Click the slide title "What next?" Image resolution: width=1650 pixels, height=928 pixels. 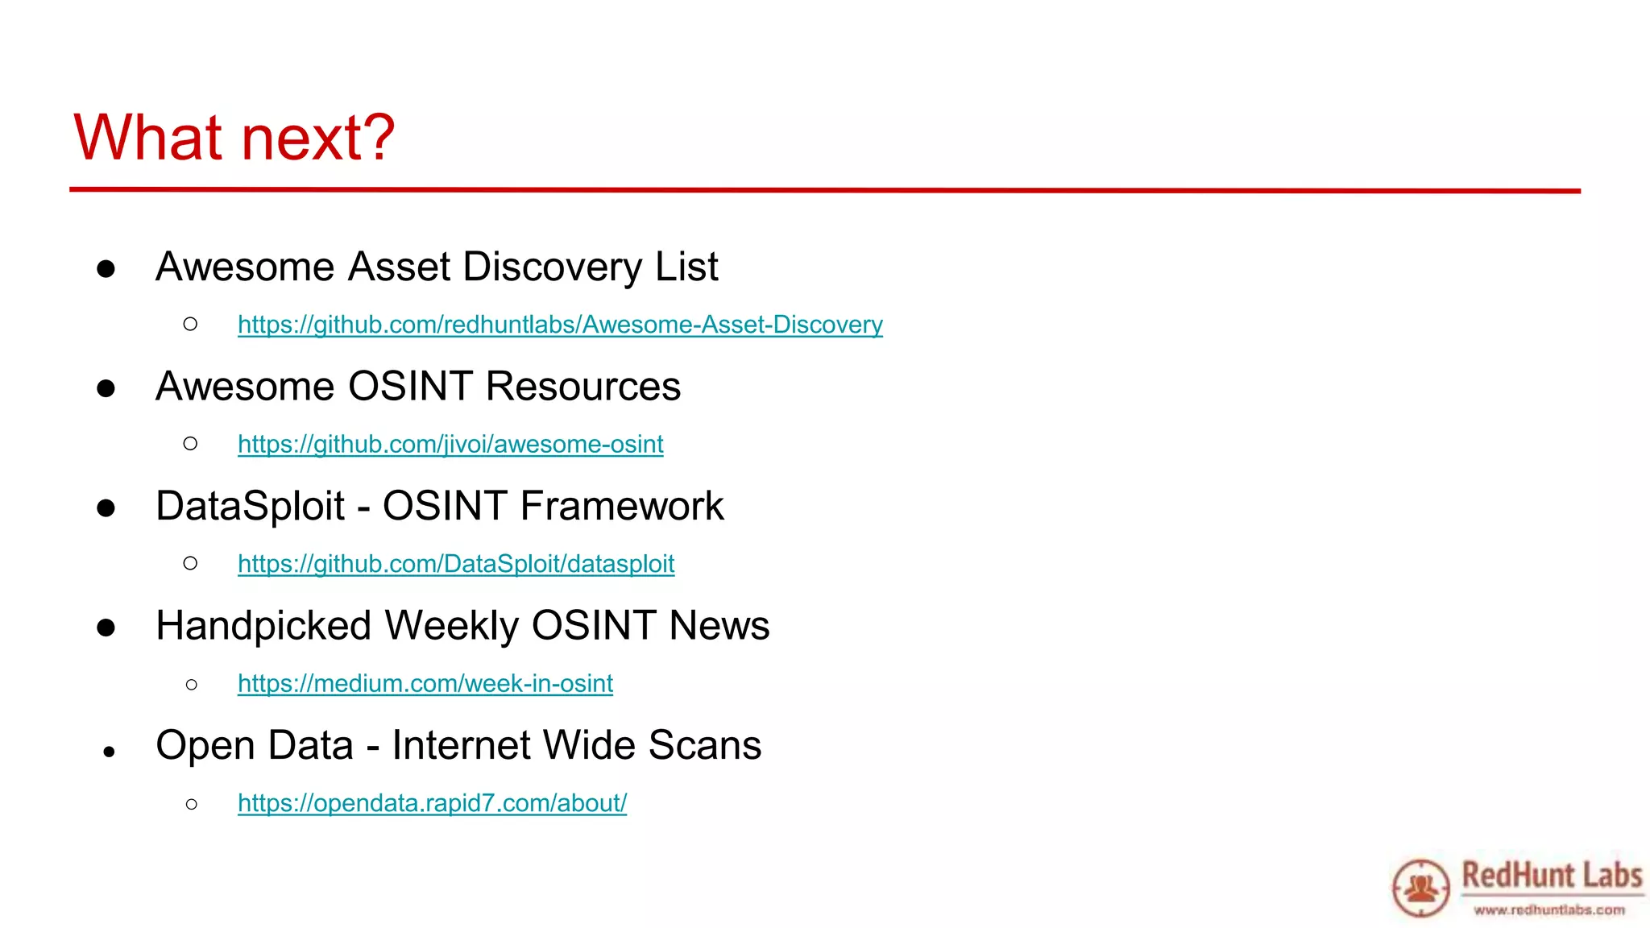click(234, 138)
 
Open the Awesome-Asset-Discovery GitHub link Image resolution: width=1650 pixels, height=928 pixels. click(560, 325)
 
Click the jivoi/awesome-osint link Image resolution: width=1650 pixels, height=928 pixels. click(450, 444)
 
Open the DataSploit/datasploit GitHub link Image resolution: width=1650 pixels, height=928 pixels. click(456, 564)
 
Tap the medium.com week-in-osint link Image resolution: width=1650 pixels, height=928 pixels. click(425, 684)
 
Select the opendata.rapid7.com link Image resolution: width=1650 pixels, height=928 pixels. click(432, 803)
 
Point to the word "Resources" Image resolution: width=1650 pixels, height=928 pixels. click(583, 387)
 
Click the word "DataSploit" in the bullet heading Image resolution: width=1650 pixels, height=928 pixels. click(250, 507)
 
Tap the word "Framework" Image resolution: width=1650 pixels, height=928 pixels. click(622, 507)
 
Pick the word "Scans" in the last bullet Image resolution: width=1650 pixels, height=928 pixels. click(705, 745)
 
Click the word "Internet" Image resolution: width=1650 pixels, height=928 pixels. click(462, 745)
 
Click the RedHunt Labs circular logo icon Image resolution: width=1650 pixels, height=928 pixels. click(1420, 888)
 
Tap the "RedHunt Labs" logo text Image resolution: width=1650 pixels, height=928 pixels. click(1552, 875)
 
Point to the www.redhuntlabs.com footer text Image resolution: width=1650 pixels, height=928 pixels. click(1549, 910)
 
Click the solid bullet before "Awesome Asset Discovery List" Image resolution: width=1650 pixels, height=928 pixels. click(106, 269)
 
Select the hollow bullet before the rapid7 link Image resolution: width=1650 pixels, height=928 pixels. click(191, 804)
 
